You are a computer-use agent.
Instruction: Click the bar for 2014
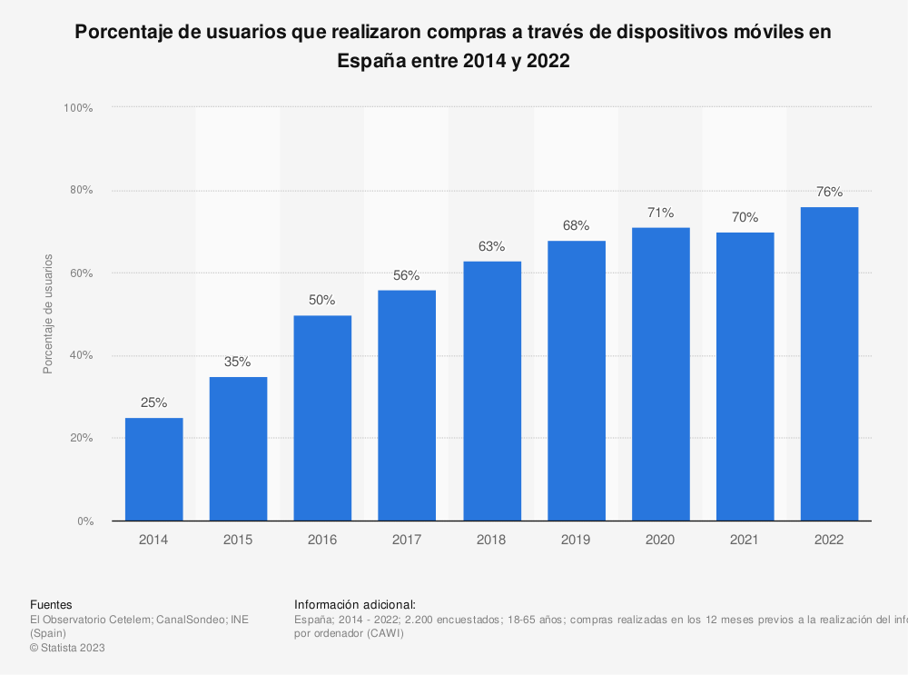[154, 469]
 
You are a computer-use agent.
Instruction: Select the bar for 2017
[407, 405]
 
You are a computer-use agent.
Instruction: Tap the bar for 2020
[660, 374]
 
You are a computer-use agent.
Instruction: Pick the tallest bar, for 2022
[829, 363]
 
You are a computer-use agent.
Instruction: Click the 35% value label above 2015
[238, 362]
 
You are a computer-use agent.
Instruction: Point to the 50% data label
[322, 300]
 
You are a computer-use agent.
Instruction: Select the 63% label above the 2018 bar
[491, 246]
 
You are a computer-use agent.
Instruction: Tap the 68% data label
[576, 225]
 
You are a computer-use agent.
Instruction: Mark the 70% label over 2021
[745, 217]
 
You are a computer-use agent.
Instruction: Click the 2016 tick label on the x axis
[322, 540]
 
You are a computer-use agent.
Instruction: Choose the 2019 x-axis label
[576, 540]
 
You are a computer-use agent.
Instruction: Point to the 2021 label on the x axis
[745, 540]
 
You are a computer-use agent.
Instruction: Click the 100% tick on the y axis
[78, 108]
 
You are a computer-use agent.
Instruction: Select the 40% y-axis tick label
[81, 355]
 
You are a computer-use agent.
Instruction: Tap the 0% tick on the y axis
[84, 521]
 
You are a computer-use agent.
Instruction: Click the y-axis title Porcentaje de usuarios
[48, 314]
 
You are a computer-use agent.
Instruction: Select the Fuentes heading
[51, 605]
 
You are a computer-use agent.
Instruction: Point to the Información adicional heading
[355, 605]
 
